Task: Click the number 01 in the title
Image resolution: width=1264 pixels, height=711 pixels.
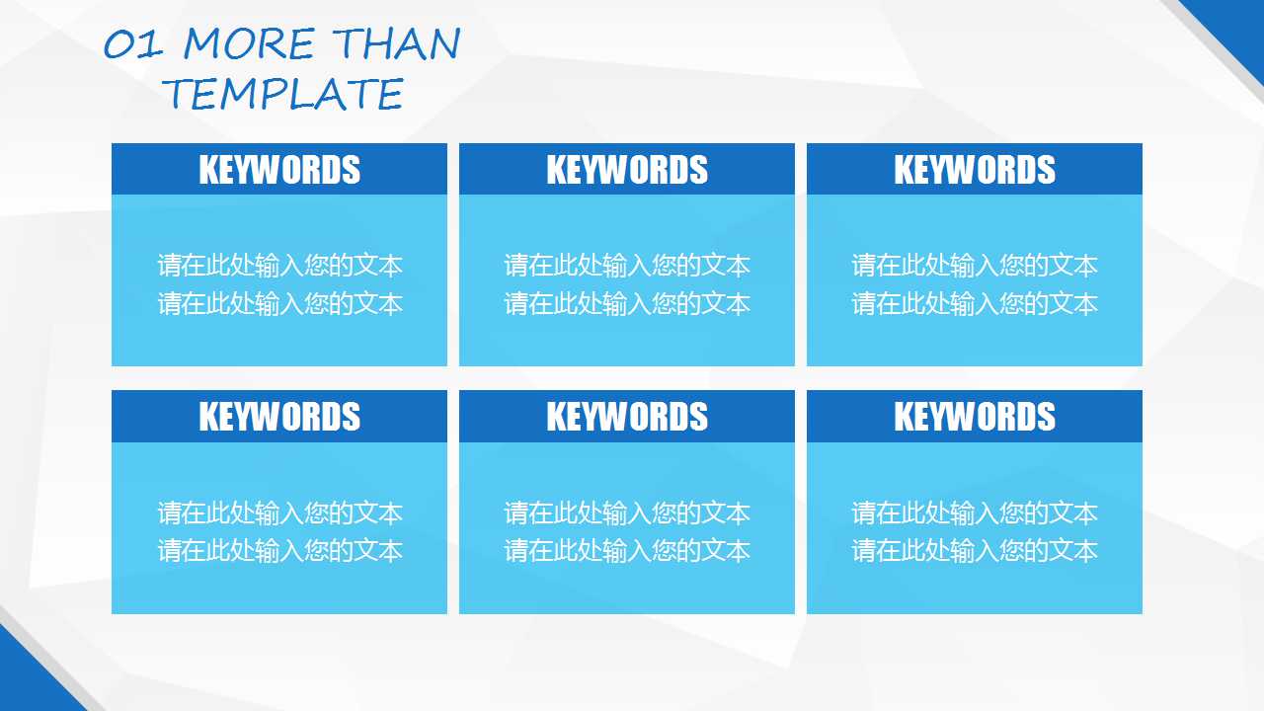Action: [133, 44]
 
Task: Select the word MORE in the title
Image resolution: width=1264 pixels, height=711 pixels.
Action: [249, 43]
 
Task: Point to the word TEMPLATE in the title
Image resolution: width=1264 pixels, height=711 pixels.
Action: [283, 94]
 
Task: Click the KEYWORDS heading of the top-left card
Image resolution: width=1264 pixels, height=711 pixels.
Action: [279, 169]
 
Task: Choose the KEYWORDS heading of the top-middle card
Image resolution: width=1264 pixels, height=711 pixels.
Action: [627, 169]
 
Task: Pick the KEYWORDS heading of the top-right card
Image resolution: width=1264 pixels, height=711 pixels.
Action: [975, 169]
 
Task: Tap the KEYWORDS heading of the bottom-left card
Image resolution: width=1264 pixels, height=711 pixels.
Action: [279, 417]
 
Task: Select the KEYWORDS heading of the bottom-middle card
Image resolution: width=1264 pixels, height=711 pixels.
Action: [627, 417]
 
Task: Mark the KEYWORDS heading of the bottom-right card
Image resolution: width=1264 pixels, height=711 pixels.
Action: [975, 417]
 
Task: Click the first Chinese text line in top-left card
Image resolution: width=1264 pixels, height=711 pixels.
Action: [279, 266]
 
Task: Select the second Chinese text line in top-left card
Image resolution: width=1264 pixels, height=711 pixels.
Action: [279, 303]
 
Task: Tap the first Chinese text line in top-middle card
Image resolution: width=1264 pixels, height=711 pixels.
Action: [627, 266]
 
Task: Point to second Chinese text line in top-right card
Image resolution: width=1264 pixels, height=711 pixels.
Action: [975, 303]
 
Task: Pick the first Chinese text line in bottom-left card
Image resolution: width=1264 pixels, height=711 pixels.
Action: [279, 513]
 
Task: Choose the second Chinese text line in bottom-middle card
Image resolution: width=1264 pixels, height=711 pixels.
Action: [627, 551]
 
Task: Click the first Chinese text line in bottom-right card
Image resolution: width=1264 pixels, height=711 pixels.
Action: [975, 513]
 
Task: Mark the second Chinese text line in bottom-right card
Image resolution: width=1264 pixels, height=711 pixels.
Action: [975, 551]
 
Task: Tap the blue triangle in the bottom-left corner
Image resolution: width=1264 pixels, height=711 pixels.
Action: [26, 682]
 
